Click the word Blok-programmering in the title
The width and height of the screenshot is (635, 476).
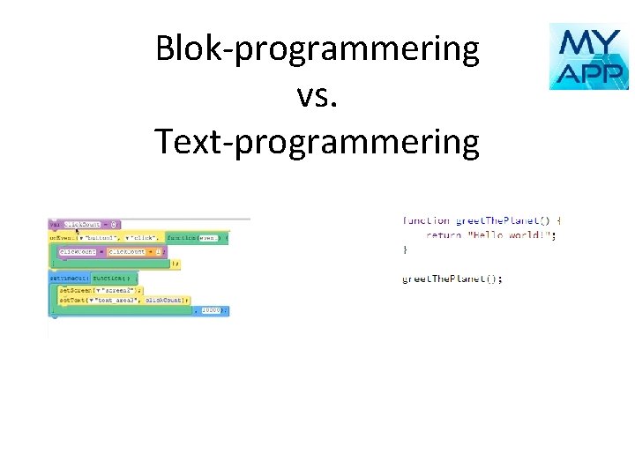317,49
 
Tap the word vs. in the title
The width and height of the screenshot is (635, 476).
317,94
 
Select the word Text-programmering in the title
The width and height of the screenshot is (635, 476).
317,141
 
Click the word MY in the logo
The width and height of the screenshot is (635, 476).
588,41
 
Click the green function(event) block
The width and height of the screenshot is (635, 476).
196,238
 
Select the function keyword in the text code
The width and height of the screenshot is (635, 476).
426,220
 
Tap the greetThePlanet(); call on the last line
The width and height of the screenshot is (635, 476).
452,279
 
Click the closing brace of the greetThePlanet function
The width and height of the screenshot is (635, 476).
406,250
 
